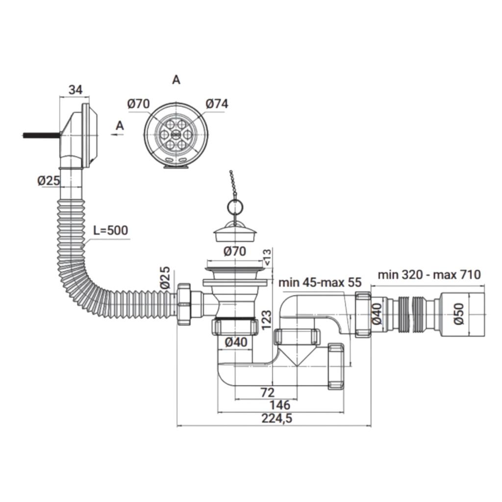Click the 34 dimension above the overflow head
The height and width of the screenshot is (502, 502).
coord(76,90)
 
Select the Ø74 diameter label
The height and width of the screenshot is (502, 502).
coord(217,104)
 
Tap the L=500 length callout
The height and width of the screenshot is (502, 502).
coord(110,230)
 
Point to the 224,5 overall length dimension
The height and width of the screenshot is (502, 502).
coord(277,419)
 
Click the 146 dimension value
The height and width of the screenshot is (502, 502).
coord(280,405)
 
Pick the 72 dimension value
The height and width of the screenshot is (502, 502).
coord(267,392)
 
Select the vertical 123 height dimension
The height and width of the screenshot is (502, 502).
coord(266,320)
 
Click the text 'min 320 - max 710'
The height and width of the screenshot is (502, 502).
coord(429,275)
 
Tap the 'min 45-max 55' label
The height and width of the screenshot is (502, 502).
coord(320,282)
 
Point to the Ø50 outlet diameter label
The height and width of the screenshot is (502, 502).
coord(459,314)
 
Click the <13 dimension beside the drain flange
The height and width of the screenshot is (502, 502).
coord(267,257)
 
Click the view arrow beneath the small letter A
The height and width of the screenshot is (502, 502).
coord(118,135)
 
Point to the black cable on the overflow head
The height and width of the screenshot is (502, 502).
coord(42,135)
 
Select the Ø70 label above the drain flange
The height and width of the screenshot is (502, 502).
coord(235,251)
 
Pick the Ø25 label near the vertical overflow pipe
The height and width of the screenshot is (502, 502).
coord(49,180)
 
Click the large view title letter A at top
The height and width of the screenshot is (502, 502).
coord(176,80)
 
